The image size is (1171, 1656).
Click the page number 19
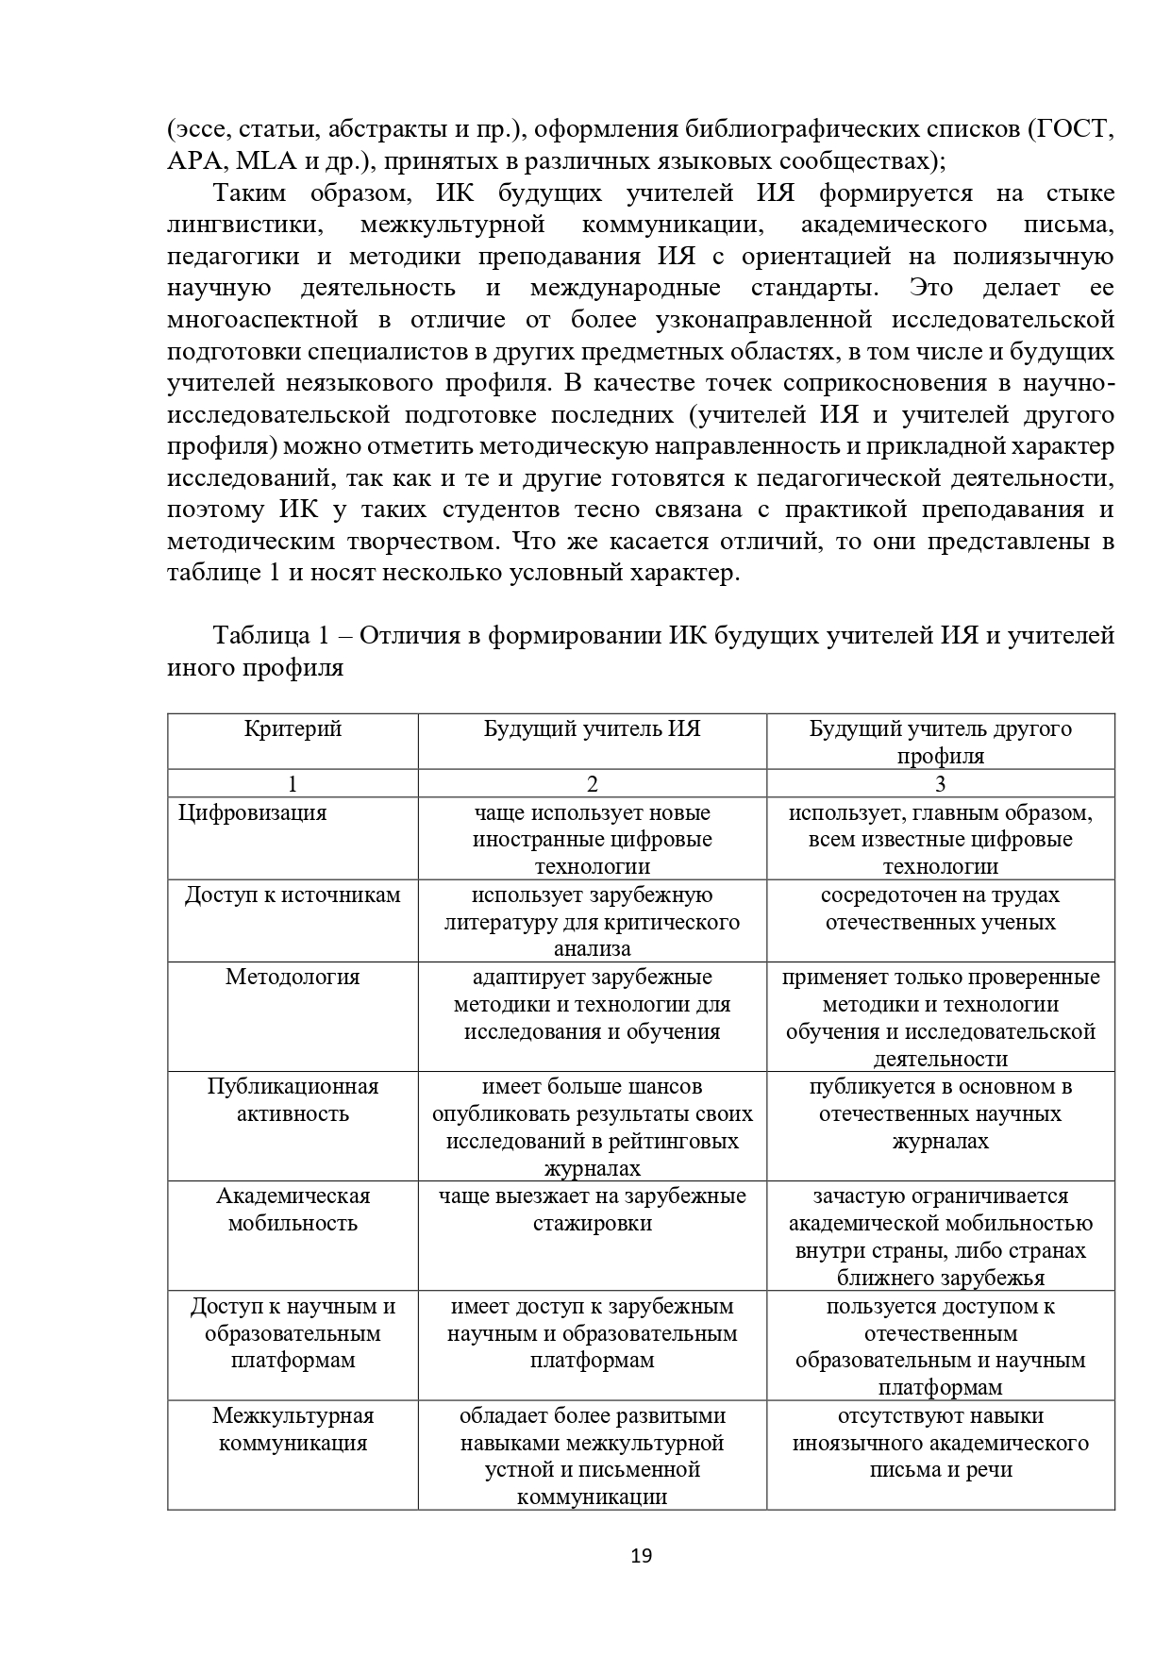tap(641, 1556)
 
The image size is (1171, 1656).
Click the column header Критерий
tap(293, 729)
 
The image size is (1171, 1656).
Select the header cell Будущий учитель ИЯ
tap(592, 729)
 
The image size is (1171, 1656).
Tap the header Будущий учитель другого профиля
tap(940, 742)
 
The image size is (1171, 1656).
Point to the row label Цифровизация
tap(253, 813)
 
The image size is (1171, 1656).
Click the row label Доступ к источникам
tap(293, 895)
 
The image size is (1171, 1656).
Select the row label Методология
tap(293, 978)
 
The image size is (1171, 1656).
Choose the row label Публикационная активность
tap(293, 1100)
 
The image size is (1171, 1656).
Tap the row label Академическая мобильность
tap(293, 1210)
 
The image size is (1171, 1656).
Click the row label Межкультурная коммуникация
tap(293, 1430)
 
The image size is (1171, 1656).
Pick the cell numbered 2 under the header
tap(592, 784)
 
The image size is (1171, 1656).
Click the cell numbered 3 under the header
tap(940, 784)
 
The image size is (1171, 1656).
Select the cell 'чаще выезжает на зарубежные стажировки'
tap(592, 1210)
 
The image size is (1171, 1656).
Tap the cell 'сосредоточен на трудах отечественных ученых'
tap(940, 909)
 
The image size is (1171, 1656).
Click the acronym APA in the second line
tap(192, 160)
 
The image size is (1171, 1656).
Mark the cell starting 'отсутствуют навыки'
tap(940, 1443)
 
